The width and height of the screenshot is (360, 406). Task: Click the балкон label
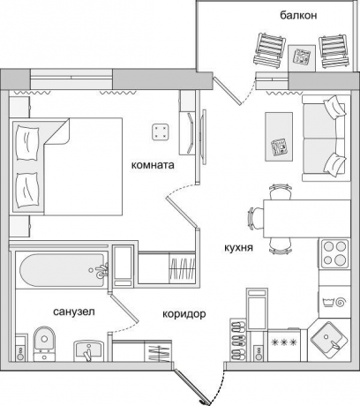tap(298, 15)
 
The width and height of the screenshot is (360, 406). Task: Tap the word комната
tap(153, 165)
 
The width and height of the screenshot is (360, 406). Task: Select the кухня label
tap(238, 248)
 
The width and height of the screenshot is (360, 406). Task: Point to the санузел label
tap(74, 312)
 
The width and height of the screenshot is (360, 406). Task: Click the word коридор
tap(184, 314)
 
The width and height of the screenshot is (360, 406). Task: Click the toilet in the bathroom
tap(44, 343)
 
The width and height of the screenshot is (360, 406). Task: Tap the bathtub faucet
tap(100, 270)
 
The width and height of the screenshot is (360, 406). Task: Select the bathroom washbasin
tap(88, 350)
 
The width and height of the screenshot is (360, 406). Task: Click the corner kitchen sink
tap(328, 339)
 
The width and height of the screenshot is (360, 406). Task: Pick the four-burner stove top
tap(334, 253)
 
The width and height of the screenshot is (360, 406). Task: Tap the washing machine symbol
tap(334, 302)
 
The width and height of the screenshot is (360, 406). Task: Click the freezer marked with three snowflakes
tap(284, 345)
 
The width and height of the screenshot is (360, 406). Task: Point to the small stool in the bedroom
tap(161, 132)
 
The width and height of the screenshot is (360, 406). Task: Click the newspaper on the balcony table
tap(302, 56)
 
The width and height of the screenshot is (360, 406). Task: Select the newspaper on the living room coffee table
tap(279, 147)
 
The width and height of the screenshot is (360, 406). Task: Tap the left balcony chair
tap(270, 51)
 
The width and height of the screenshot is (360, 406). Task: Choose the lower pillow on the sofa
tap(334, 164)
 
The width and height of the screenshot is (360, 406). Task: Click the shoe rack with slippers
tap(238, 340)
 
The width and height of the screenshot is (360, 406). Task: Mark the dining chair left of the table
tap(255, 218)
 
